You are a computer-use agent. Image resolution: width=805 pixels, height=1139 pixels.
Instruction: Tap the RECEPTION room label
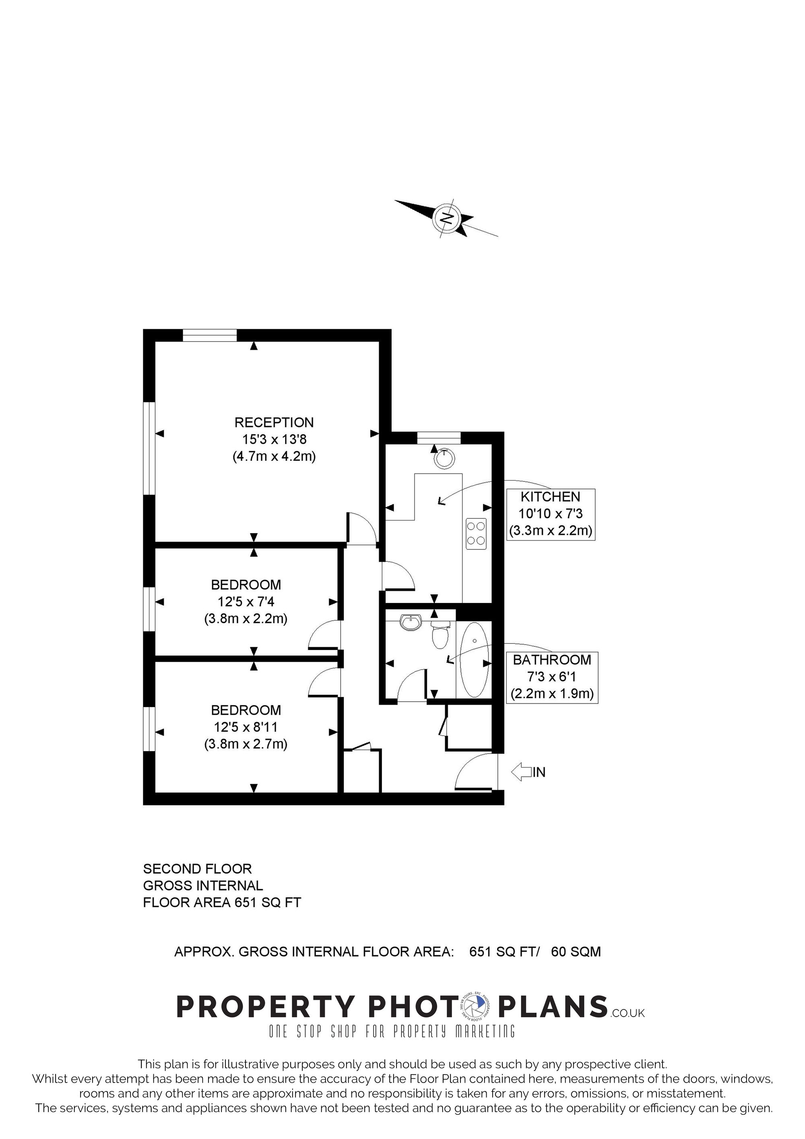274,422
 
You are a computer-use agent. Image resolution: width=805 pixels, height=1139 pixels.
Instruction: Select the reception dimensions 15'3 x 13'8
274,439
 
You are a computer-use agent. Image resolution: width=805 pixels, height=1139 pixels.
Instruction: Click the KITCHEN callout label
550,496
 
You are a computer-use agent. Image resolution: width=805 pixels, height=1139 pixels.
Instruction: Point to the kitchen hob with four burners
477,533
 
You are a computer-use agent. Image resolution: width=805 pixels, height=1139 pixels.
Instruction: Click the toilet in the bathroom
440,635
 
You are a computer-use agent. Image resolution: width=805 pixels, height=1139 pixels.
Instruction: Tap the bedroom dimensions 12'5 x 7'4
246,602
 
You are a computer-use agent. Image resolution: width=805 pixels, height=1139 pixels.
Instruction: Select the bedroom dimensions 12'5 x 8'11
246,727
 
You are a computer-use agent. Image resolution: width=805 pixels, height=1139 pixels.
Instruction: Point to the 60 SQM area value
576,951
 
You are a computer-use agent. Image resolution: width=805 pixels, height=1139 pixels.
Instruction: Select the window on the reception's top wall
210,335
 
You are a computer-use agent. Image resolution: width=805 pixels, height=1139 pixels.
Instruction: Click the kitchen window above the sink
439,438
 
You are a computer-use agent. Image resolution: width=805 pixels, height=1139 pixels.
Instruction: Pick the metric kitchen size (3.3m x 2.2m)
551,530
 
